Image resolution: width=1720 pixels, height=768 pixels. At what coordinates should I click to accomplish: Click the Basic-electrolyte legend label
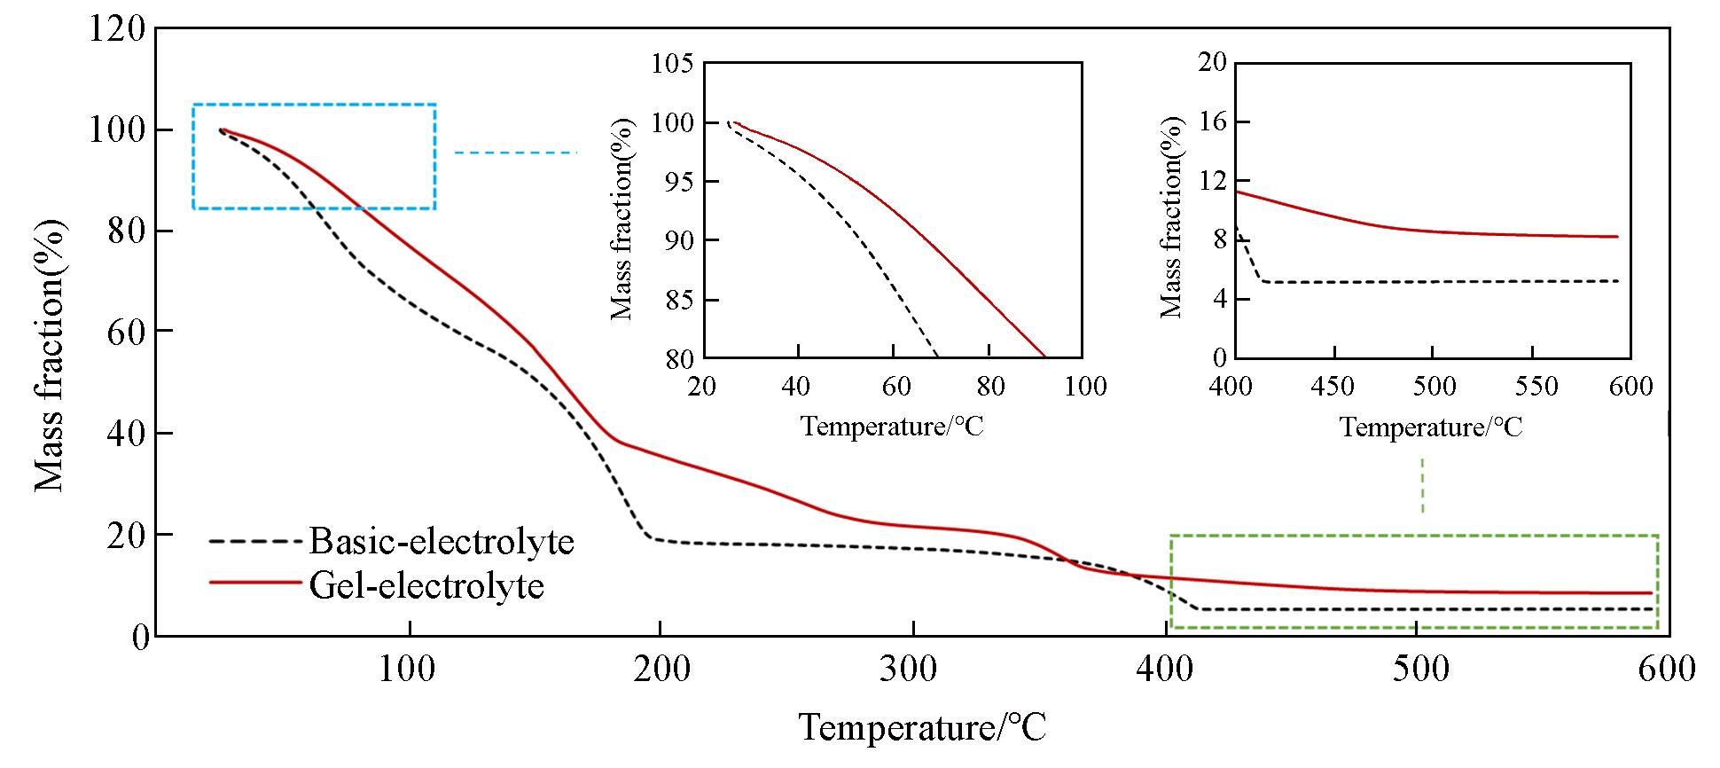(442, 541)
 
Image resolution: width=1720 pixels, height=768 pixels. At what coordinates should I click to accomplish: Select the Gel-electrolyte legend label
(426, 585)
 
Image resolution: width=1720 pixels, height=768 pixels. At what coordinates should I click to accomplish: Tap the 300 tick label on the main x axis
(912, 668)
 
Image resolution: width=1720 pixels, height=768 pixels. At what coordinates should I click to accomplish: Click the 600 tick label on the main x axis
(1667, 668)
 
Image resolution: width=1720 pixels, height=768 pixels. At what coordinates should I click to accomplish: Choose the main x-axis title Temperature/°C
(922, 728)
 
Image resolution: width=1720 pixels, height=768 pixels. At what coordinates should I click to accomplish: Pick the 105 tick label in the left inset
(672, 65)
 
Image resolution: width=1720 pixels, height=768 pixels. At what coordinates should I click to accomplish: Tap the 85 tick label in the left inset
(679, 300)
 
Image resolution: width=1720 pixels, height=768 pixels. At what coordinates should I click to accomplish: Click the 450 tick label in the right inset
(1333, 387)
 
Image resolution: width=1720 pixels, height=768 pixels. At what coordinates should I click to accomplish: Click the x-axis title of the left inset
(892, 427)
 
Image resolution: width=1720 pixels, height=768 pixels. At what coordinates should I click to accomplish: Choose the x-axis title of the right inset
(1430, 427)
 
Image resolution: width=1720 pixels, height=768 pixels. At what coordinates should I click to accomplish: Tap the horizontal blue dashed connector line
(515, 153)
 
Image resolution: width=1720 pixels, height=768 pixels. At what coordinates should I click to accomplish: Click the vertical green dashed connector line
(1422, 485)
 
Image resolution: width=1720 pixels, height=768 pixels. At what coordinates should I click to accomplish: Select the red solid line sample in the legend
(255, 583)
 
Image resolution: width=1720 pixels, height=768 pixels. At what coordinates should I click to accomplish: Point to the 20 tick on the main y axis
(127, 535)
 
